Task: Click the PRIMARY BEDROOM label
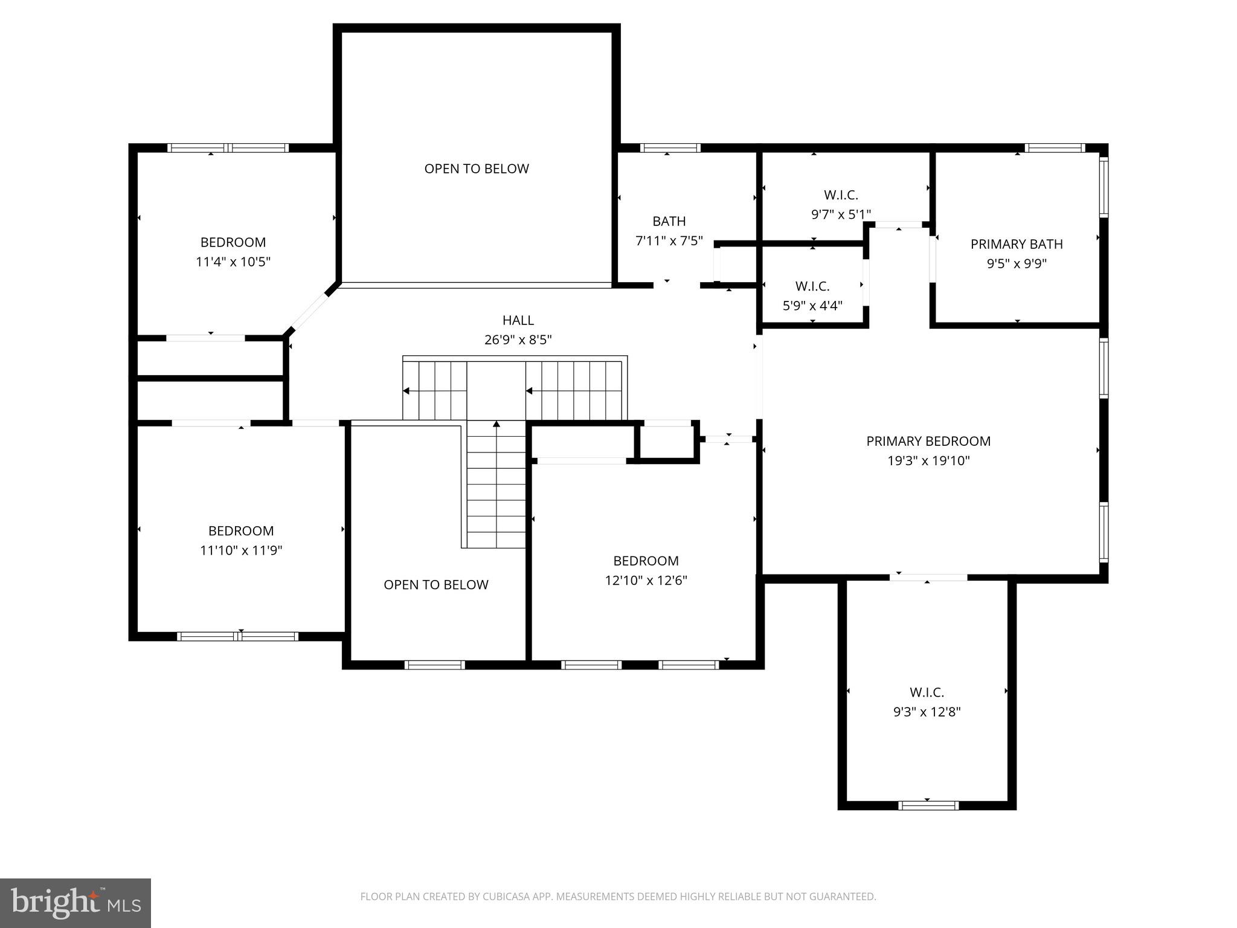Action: pos(928,441)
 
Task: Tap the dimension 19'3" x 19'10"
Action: pos(928,461)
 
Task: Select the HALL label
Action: pos(518,320)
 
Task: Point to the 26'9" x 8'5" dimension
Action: pos(518,340)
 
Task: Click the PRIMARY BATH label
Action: pos(1017,244)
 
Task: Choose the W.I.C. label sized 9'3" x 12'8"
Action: pos(927,692)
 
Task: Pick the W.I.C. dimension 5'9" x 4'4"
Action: pos(812,306)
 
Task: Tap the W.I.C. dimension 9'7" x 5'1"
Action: pos(841,214)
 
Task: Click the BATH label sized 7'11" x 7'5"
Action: pos(669,221)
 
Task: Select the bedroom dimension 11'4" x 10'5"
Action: pos(233,262)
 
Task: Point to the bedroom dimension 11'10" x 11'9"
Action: pos(241,550)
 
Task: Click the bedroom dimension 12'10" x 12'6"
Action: pos(646,581)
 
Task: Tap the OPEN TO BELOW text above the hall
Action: pos(477,169)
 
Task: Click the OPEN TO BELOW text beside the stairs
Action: pos(436,585)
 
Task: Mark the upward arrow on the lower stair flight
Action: pos(496,424)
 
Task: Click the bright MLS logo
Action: pos(76,903)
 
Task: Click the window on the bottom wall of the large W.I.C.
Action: pos(928,805)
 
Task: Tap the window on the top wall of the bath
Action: pos(670,147)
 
